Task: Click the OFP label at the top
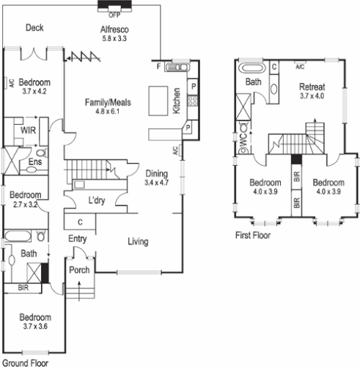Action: click(114, 14)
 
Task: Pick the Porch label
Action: click(78, 270)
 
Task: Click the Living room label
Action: click(138, 241)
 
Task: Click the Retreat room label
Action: click(312, 87)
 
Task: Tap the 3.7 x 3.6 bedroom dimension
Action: click(35, 325)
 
